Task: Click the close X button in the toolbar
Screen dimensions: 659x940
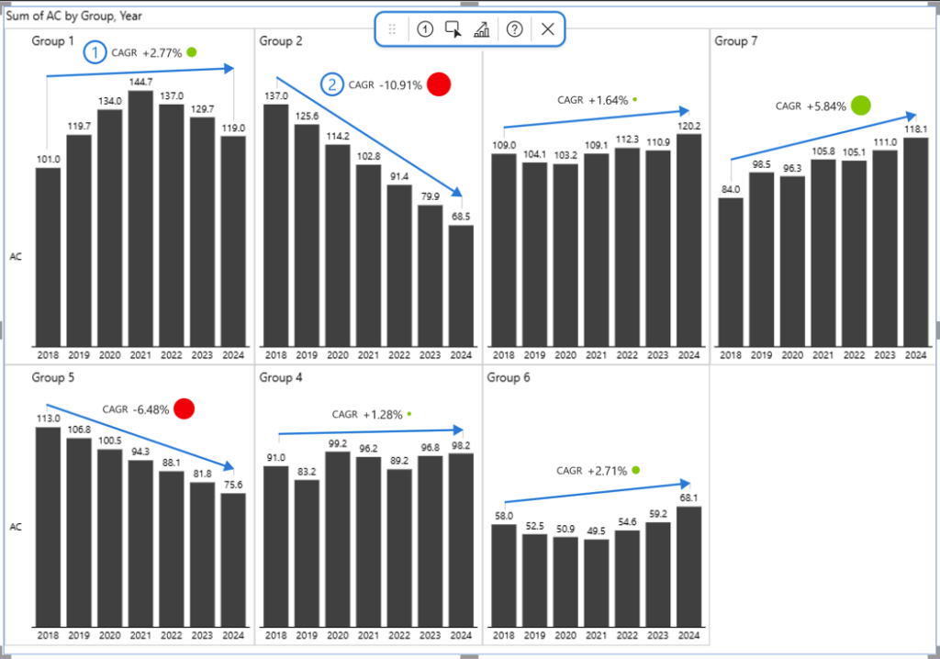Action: point(548,29)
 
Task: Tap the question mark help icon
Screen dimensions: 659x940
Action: point(515,29)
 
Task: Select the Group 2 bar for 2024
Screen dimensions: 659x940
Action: point(461,285)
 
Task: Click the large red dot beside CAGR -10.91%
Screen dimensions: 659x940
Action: point(438,84)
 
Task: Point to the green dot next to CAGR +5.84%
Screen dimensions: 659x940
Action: point(860,106)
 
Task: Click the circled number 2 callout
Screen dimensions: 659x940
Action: point(332,84)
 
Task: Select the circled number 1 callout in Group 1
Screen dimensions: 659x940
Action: point(95,53)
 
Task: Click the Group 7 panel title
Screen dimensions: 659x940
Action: point(735,41)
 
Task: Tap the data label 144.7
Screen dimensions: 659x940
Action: point(140,83)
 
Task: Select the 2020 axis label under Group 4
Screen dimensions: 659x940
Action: point(338,635)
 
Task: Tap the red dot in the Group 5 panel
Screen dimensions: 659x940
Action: point(185,408)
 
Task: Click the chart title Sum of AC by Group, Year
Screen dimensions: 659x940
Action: point(74,17)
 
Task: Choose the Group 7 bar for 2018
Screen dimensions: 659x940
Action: point(731,272)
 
